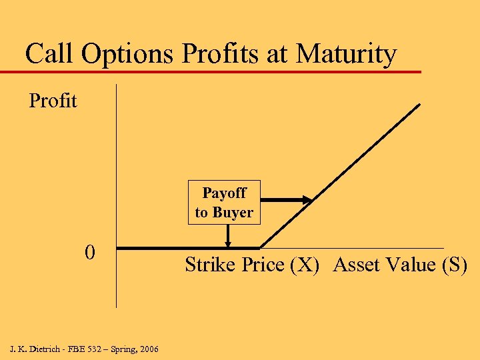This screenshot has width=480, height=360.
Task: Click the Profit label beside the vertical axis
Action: tap(53, 101)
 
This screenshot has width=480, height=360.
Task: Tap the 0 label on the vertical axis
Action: tap(89, 253)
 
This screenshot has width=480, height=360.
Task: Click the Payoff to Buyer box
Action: tap(224, 203)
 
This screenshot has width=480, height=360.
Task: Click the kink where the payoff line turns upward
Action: tap(260, 248)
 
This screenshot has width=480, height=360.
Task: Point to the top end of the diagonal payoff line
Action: tap(419, 105)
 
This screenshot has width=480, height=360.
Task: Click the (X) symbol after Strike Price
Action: tap(305, 265)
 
